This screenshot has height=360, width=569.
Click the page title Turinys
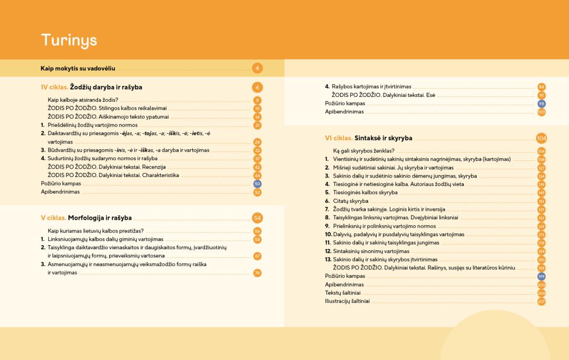pos(69,40)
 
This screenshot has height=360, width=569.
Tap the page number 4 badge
pos(257,68)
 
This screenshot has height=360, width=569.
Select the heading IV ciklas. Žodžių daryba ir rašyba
pos(92,87)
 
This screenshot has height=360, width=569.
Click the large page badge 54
pos(257,218)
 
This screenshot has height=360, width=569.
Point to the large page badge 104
pos(541,138)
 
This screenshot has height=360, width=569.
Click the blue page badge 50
pos(257,184)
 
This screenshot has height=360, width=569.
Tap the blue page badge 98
pos(541,104)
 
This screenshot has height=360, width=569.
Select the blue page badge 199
pos(541,276)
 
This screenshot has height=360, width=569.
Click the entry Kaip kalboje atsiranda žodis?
pos(83,100)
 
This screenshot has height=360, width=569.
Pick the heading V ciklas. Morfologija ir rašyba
pos(86,218)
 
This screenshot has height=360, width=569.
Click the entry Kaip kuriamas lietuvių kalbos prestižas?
pos(95,231)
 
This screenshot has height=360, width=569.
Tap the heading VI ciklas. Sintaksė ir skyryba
pos(368,138)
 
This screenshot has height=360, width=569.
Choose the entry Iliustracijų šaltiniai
pos(347,301)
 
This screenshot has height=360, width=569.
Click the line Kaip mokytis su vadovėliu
pos(78,68)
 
